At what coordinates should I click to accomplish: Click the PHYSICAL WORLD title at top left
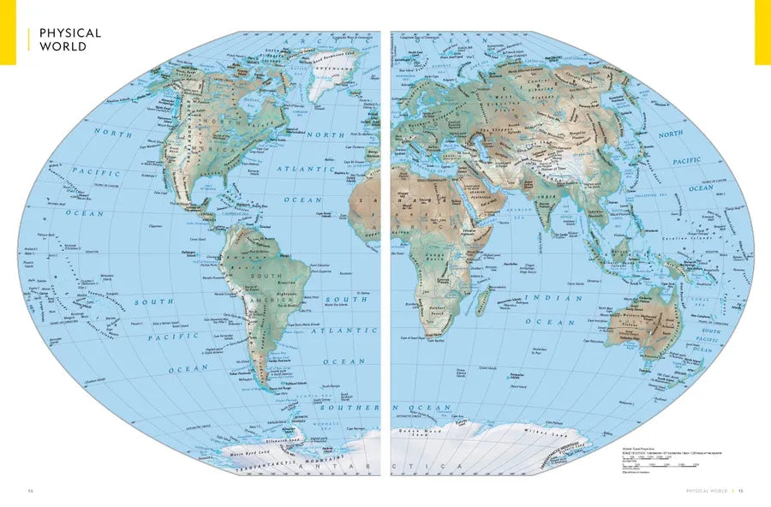point(70,39)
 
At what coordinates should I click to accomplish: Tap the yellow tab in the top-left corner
point(8,32)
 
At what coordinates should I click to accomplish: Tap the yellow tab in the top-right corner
point(762,32)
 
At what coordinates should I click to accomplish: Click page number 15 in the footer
point(741,491)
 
